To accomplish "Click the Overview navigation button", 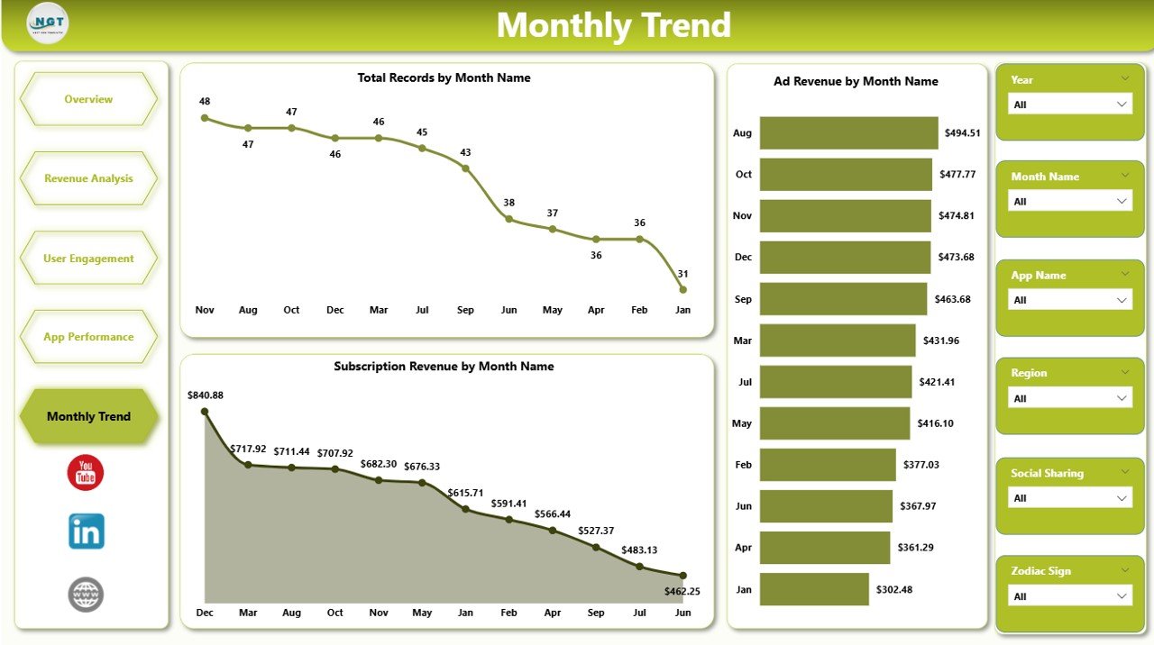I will (x=88, y=99).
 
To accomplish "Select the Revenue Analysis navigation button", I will (x=88, y=178).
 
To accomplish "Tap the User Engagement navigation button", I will (x=88, y=259).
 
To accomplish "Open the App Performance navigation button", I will (x=88, y=337).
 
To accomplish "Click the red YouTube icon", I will (x=86, y=473).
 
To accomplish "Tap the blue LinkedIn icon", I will (x=87, y=531).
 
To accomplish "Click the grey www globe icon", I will (x=86, y=595).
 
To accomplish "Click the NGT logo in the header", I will (x=48, y=23).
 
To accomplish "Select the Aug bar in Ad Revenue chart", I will (x=848, y=132).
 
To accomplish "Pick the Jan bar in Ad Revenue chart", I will (x=814, y=590).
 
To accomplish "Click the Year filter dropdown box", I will (x=1069, y=104).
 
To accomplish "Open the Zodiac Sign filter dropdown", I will (x=1069, y=596).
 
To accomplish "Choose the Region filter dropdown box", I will (x=1069, y=398).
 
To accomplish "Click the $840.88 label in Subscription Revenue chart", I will (x=206, y=395).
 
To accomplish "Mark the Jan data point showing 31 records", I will (x=682, y=289).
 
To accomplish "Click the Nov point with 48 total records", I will (x=205, y=117).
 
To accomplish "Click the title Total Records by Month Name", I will (x=444, y=77).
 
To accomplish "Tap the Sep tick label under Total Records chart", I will (x=465, y=310).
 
